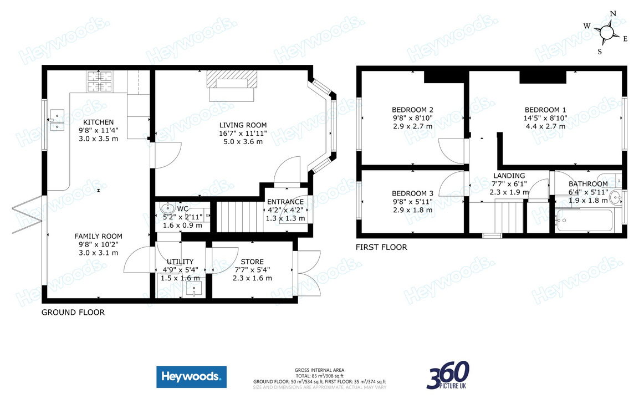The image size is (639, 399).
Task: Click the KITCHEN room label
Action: (x=98, y=122)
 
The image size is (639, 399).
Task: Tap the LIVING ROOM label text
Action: (x=243, y=125)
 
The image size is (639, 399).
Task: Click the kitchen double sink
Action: (x=57, y=121)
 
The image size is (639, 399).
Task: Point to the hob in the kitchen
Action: (x=100, y=81)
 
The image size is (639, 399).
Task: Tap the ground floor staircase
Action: (x=238, y=217)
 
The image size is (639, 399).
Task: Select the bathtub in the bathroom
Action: (x=586, y=222)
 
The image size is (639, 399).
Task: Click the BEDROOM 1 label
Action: (x=545, y=109)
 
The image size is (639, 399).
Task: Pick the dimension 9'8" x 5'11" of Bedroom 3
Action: (x=412, y=202)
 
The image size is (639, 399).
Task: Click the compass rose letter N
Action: (x=613, y=14)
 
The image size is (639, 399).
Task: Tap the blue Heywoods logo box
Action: (x=191, y=377)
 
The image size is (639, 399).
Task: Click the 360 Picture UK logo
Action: (x=448, y=375)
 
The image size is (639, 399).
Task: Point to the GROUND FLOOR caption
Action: (x=73, y=313)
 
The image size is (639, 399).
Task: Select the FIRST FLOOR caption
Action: (x=382, y=247)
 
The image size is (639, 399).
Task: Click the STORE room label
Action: (x=252, y=262)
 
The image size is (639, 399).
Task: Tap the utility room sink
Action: (x=194, y=287)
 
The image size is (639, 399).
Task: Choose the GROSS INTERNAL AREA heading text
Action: (x=319, y=370)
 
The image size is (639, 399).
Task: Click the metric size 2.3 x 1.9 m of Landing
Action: (x=509, y=192)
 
